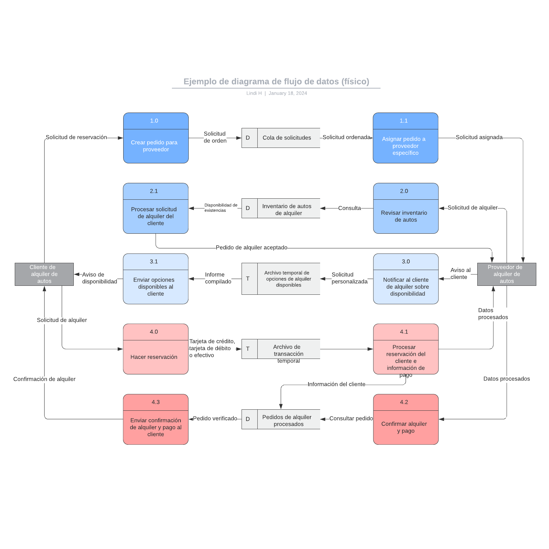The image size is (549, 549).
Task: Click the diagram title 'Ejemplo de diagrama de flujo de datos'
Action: click(x=276, y=82)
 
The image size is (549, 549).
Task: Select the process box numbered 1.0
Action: click(x=156, y=138)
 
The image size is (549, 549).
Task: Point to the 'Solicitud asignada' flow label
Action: click(x=479, y=137)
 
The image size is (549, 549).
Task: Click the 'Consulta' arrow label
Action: click(x=349, y=208)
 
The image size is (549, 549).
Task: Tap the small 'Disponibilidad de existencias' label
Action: click(x=221, y=208)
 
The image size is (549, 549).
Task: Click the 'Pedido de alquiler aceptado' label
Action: click(x=252, y=247)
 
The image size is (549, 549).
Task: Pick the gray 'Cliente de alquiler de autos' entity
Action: click(x=44, y=274)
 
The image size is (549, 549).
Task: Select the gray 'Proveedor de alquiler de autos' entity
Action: click(x=506, y=274)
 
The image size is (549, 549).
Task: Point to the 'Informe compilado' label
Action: click(x=218, y=278)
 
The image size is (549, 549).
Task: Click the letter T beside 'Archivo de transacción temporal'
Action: click(x=248, y=349)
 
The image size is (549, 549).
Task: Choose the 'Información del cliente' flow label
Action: click(x=336, y=384)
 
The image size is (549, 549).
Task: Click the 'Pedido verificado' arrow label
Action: click(x=215, y=418)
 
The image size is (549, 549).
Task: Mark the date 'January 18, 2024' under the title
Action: click(x=288, y=93)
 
